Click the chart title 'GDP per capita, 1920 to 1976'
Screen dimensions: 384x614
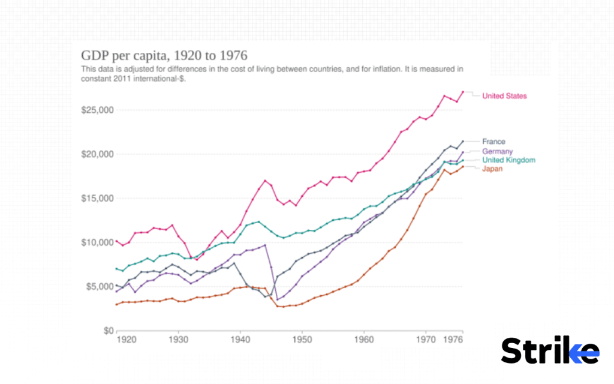(x=164, y=56)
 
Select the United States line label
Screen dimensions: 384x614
(x=504, y=96)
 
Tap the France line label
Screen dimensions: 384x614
(x=493, y=142)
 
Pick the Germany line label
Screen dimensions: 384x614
(x=497, y=152)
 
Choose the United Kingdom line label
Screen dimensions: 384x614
(x=508, y=160)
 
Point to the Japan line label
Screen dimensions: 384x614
(x=492, y=169)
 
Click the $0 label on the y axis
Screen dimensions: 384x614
(x=106, y=331)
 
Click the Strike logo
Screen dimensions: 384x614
(x=550, y=350)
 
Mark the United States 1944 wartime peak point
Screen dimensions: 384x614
(x=264, y=180)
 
